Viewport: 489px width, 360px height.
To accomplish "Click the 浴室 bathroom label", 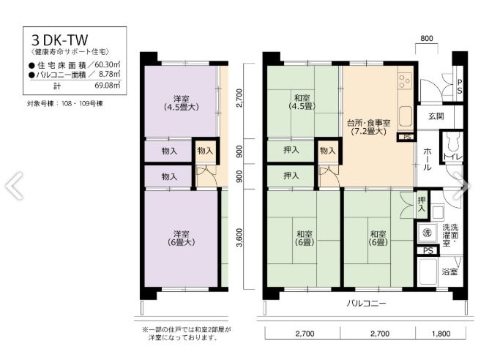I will (451, 271).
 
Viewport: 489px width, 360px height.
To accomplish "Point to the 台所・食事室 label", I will (368, 127).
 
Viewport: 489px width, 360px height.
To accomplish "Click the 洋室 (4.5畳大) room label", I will (181, 103).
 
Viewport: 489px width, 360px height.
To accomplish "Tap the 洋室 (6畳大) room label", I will (181, 237).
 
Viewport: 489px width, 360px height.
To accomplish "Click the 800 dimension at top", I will (427, 38).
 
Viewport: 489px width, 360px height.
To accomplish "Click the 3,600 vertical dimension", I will (238, 238).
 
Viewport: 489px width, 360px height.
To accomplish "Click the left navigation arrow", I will (14, 185).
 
